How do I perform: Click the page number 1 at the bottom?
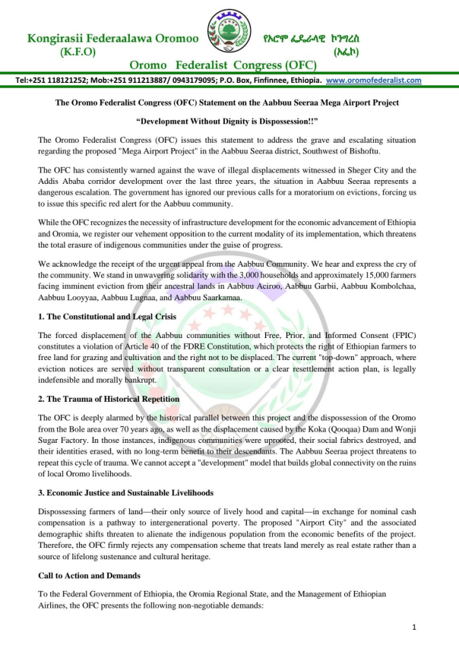tap(414, 627)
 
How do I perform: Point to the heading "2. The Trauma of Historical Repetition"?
tap(109, 399)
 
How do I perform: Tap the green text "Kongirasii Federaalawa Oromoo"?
tap(113, 36)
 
